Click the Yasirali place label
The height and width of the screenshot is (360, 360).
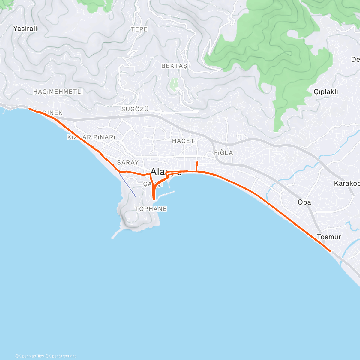pyautogui.click(x=25, y=28)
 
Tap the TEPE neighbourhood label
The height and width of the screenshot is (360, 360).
pyautogui.click(x=139, y=29)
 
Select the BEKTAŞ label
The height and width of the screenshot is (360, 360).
pyautogui.click(x=174, y=66)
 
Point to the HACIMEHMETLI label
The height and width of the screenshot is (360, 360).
pyautogui.click(x=58, y=91)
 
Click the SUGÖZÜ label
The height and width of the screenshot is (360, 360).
pyautogui.click(x=135, y=109)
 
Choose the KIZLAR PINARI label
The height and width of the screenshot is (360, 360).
pyautogui.click(x=91, y=137)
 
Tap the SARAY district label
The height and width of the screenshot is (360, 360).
pyautogui.click(x=128, y=162)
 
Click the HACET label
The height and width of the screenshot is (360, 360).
pyautogui.click(x=183, y=140)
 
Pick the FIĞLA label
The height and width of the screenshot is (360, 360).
pyautogui.click(x=223, y=152)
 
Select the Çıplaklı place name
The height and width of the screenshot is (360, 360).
pyautogui.click(x=326, y=92)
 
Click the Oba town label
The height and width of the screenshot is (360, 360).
pyautogui.click(x=304, y=202)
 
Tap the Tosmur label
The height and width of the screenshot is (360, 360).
pyautogui.click(x=329, y=237)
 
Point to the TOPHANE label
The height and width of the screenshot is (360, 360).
pyautogui.click(x=151, y=209)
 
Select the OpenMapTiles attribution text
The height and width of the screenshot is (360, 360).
pyautogui.click(x=31, y=356)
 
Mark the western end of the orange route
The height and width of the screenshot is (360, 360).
pyautogui.click(x=29, y=109)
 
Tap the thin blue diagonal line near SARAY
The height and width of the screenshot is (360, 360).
pyautogui.click(x=127, y=184)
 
